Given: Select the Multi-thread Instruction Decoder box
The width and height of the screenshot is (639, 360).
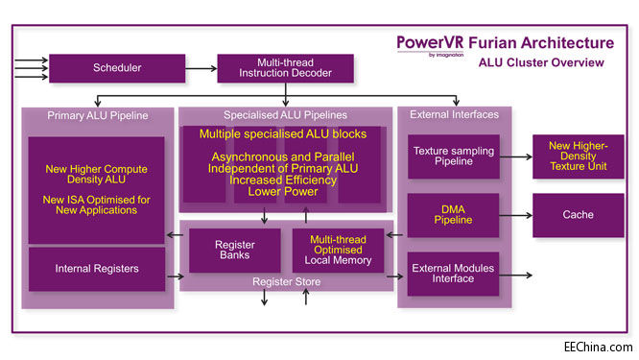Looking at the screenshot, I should (285, 68).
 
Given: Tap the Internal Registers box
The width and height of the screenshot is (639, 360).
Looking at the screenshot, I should (96, 270).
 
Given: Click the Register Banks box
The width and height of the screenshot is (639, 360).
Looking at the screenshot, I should (234, 251).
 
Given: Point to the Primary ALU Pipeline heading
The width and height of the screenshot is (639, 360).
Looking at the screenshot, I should (98, 116).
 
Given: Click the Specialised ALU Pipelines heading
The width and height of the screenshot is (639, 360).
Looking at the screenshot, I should (285, 116).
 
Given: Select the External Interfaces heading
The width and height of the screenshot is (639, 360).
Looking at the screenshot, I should (454, 116).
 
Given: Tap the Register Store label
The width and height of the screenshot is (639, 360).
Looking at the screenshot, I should (285, 282).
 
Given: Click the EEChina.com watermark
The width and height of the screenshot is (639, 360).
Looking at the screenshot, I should (597, 347).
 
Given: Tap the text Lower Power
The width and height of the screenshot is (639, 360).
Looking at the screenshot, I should (285, 191).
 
